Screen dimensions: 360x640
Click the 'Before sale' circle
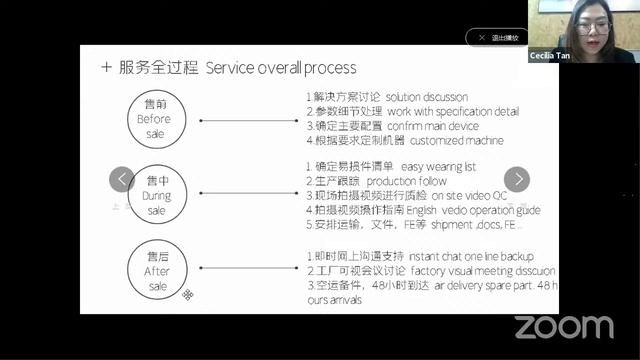(x=155, y=113)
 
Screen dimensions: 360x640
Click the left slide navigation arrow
(x=121, y=179)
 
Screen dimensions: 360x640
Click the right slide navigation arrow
(x=516, y=179)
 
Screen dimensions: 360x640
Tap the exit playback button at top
(x=496, y=37)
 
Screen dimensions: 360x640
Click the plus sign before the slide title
(x=107, y=69)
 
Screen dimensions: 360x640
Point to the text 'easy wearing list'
(x=448, y=165)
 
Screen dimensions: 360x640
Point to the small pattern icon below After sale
(x=186, y=294)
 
